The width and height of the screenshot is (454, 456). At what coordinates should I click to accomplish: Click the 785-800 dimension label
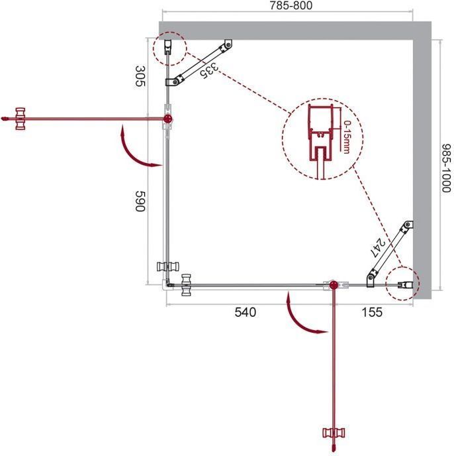[291, 5]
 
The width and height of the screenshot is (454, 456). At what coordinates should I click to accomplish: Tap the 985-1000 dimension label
[446, 168]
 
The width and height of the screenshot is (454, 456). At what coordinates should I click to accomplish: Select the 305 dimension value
[140, 76]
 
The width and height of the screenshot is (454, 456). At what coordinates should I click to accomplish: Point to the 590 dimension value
[140, 201]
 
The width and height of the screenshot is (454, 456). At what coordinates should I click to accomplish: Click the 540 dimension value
[245, 312]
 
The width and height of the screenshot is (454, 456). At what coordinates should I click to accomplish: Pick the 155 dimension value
[372, 312]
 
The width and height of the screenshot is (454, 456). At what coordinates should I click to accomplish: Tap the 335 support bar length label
[209, 70]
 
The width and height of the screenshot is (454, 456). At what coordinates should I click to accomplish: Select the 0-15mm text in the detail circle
[347, 137]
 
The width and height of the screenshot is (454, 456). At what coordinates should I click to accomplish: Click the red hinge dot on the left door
[168, 119]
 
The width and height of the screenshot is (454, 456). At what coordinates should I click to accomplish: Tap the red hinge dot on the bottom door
[334, 285]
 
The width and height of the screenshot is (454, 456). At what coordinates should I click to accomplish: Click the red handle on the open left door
[21, 119]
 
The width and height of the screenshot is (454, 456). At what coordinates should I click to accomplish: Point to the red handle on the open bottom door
[334, 433]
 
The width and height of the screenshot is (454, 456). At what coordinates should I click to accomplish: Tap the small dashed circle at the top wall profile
[169, 48]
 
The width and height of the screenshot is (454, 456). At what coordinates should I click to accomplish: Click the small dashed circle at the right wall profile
[402, 284]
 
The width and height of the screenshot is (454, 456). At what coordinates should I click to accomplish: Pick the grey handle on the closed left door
[168, 266]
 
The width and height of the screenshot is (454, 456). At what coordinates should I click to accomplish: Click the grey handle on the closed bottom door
[186, 285]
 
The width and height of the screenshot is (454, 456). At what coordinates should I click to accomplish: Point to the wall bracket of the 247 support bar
[408, 225]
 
